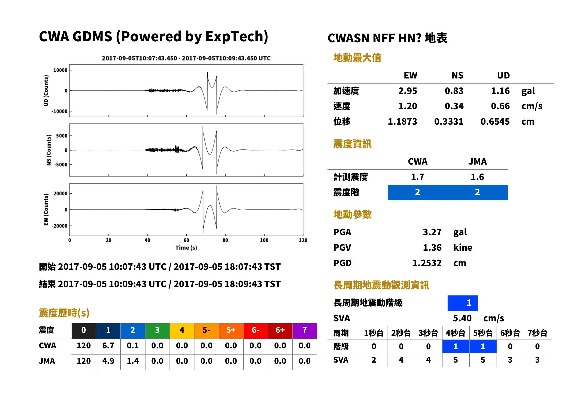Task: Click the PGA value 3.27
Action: click(432, 232)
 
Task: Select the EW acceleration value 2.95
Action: click(407, 91)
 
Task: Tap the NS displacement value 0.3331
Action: click(449, 121)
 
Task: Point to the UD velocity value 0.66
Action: click(500, 106)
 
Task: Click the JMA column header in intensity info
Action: click(478, 161)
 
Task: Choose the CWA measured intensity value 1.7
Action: click(418, 177)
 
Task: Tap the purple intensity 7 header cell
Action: click(305, 330)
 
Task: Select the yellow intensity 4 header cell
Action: click(182, 330)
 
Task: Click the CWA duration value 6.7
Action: click(108, 346)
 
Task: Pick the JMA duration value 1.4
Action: click(133, 361)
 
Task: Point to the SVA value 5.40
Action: click(462, 318)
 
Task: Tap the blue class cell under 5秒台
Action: click(483, 346)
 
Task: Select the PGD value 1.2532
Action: click(427, 263)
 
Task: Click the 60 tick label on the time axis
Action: click(186, 240)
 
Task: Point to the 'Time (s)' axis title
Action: click(186, 248)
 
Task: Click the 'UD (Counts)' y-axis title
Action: click(46, 91)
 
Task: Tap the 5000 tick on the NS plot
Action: click(62, 136)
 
